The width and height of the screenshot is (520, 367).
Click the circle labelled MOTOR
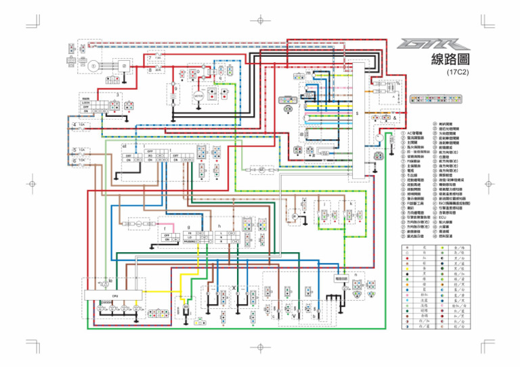198,96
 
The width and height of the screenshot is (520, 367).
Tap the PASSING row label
190,241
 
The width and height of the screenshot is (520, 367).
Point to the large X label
234,288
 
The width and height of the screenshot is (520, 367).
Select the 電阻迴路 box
341,278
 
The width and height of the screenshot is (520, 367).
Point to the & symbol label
393,118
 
